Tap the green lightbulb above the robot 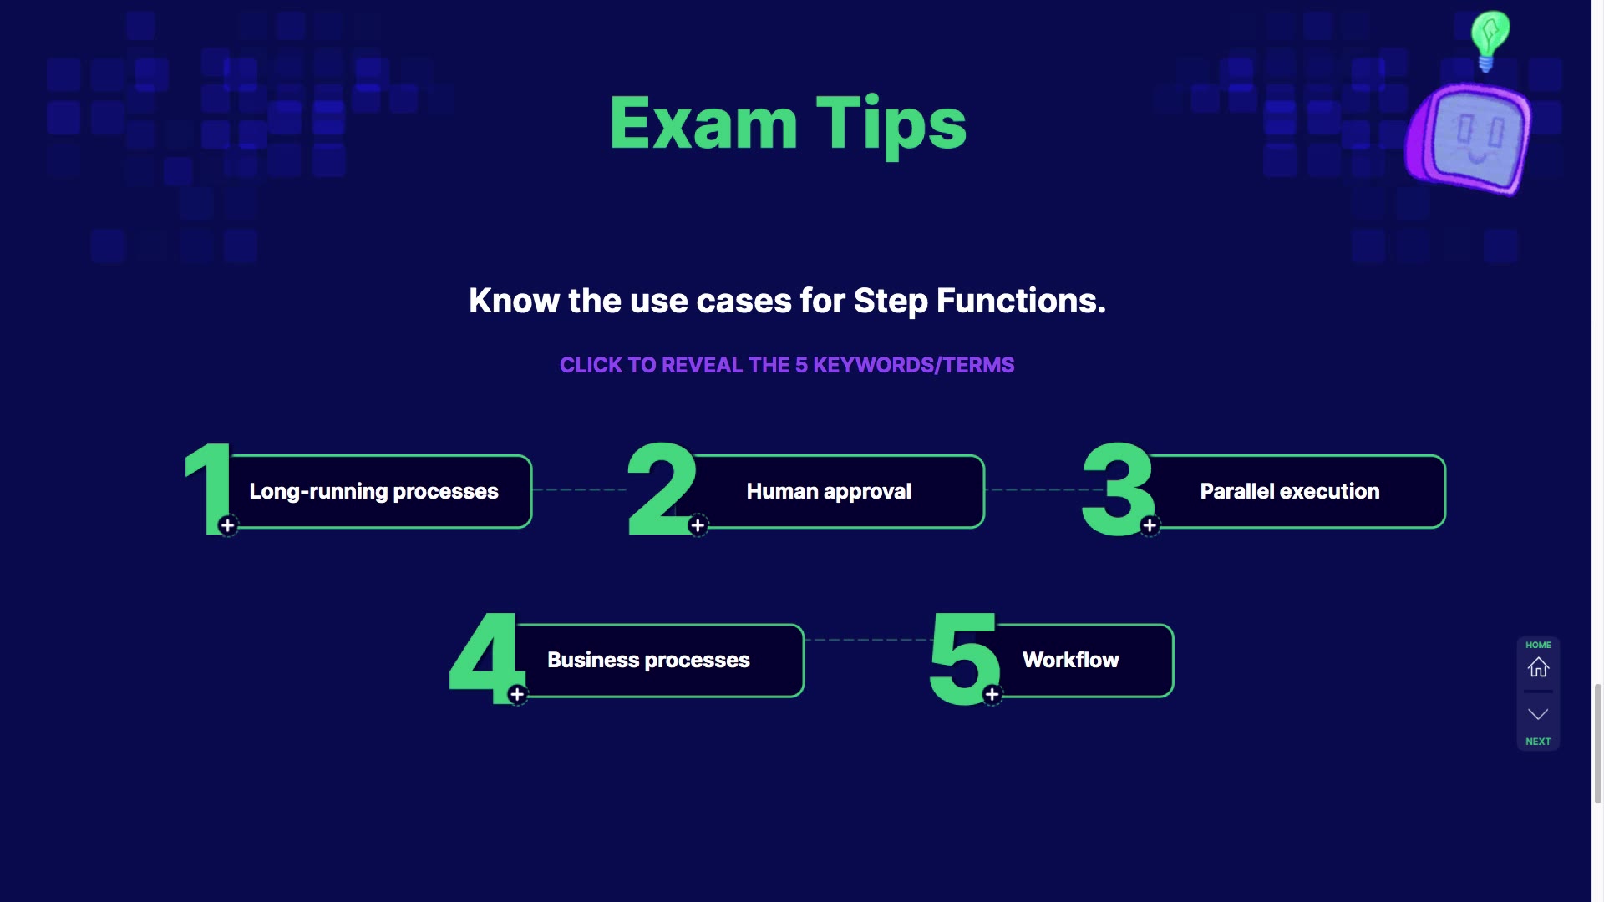[x=1490, y=40]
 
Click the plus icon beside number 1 [x=227, y=525]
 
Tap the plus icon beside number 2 [x=698, y=525]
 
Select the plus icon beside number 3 [x=1150, y=525]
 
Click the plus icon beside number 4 [x=517, y=694]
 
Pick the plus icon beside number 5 [x=992, y=694]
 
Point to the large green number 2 [x=662, y=489]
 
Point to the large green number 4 [x=486, y=659]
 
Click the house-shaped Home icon [x=1538, y=667]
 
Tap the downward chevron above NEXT [x=1538, y=714]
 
